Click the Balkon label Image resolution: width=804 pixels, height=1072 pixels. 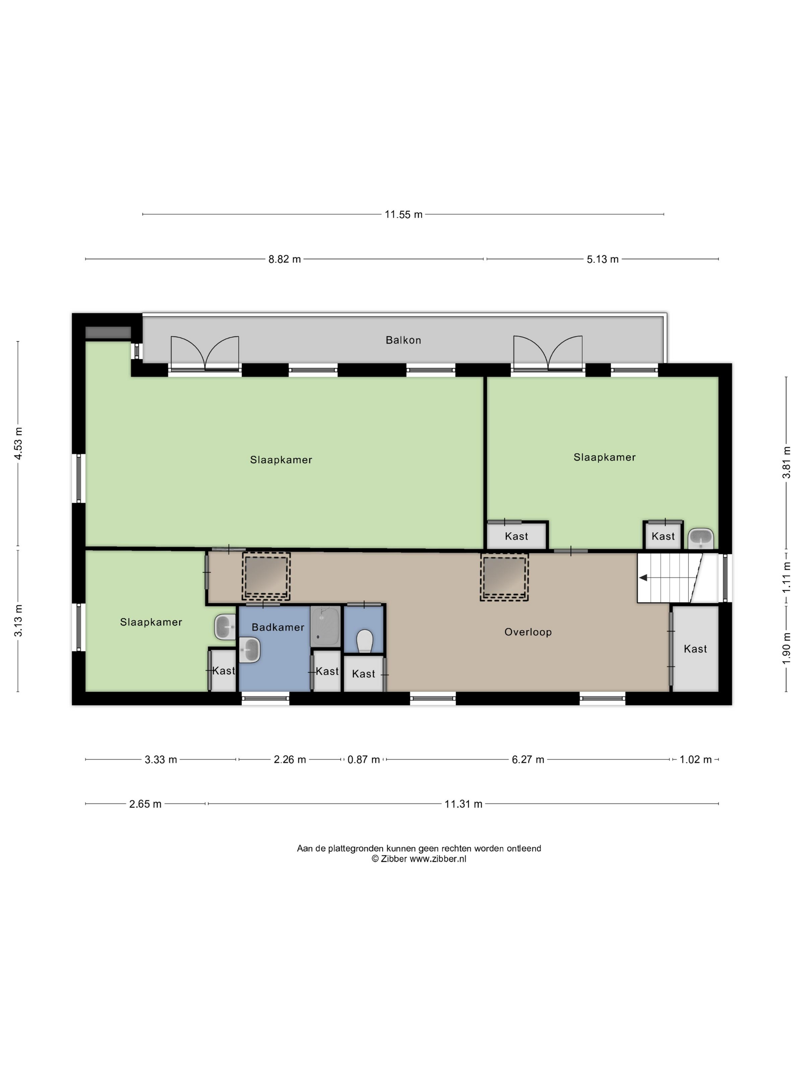click(403, 340)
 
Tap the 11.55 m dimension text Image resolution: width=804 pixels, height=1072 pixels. click(403, 214)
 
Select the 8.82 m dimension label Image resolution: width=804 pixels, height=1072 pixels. click(284, 259)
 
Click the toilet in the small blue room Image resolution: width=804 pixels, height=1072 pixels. click(364, 641)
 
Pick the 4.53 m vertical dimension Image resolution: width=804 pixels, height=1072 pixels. click(18, 443)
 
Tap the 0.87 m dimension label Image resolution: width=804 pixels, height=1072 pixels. click(363, 760)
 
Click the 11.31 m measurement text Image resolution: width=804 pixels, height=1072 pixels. click(463, 804)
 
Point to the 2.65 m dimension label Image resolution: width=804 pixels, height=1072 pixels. click(145, 804)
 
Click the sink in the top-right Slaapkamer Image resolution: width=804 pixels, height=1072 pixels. click(701, 538)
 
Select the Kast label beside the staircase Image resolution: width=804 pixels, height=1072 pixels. click(695, 649)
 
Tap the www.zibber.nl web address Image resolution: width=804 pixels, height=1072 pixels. click(438, 859)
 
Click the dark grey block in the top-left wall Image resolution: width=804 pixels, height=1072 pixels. click(108, 332)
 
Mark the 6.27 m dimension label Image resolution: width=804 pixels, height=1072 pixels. click(528, 760)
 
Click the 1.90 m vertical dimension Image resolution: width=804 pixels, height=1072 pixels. click(786, 648)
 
